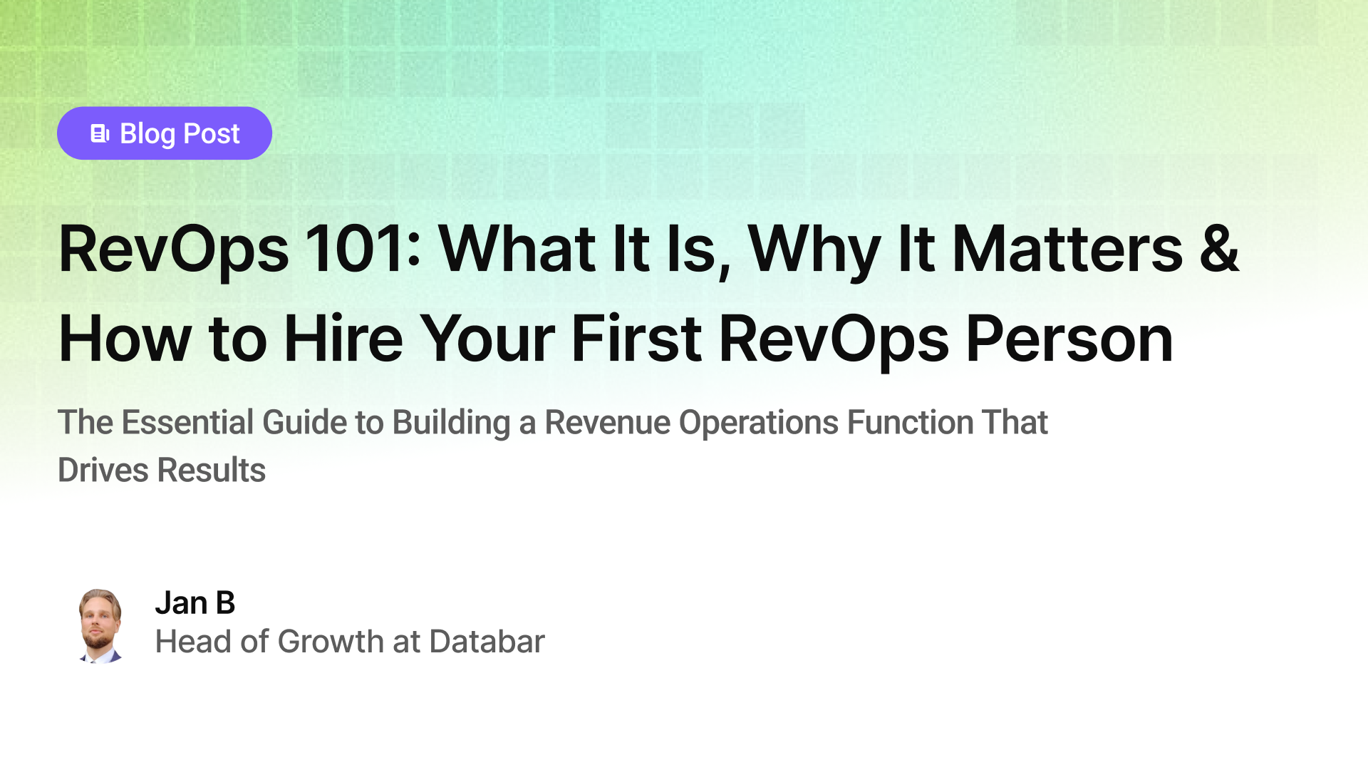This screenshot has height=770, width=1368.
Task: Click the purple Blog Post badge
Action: (165, 133)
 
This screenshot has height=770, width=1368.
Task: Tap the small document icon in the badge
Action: (100, 133)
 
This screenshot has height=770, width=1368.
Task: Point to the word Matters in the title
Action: (1067, 249)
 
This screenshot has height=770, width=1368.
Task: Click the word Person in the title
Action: (1069, 339)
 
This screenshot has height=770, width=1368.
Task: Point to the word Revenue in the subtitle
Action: (607, 422)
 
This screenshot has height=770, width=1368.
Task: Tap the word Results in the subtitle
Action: (212, 470)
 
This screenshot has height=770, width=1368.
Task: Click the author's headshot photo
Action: (100, 626)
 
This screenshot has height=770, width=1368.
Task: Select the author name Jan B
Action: (195, 603)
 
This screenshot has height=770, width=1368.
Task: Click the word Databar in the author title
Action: (487, 642)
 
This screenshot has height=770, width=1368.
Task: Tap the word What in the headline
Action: (517, 249)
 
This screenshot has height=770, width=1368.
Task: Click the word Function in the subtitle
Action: (910, 422)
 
